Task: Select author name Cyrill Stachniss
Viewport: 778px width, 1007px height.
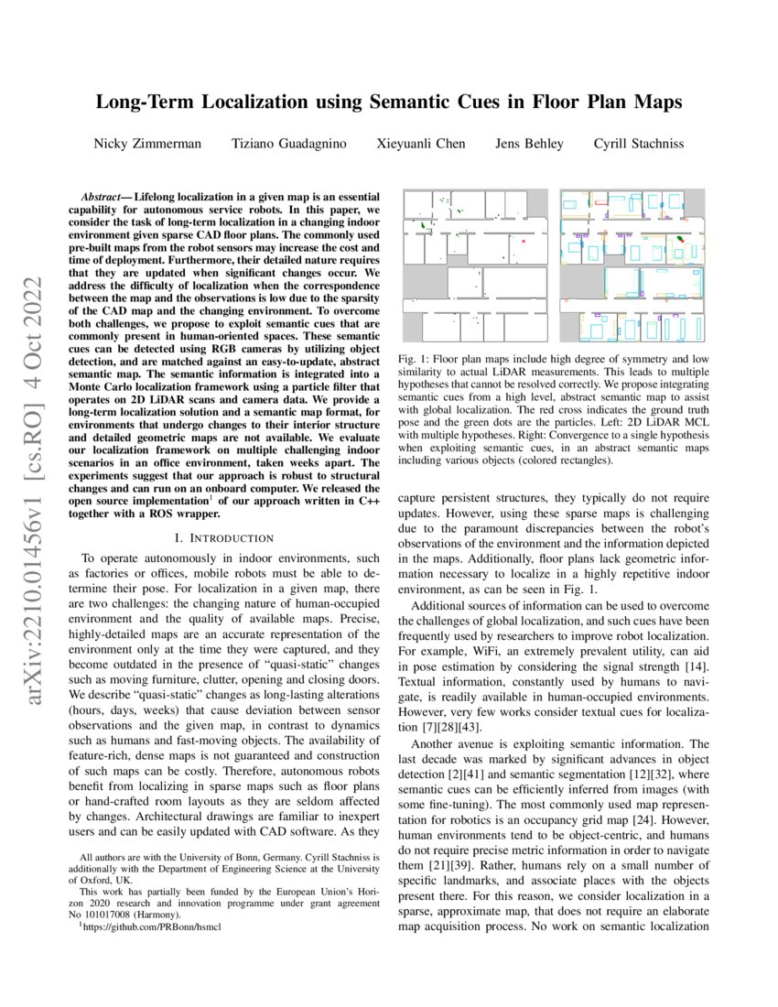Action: (x=638, y=144)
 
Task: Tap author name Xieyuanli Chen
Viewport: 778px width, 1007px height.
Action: (x=421, y=144)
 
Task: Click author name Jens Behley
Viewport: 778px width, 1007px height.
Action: (x=529, y=144)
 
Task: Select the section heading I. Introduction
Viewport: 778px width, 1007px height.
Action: (x=229, y=537)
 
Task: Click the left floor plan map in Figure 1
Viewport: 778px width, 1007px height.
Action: (x=474, y=265)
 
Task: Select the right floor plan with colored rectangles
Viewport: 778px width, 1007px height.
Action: (x=632, y=265)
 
